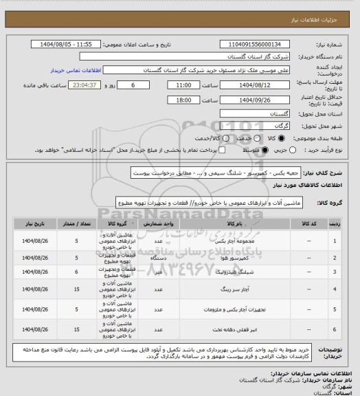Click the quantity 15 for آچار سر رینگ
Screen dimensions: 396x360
tap(76, 291)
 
